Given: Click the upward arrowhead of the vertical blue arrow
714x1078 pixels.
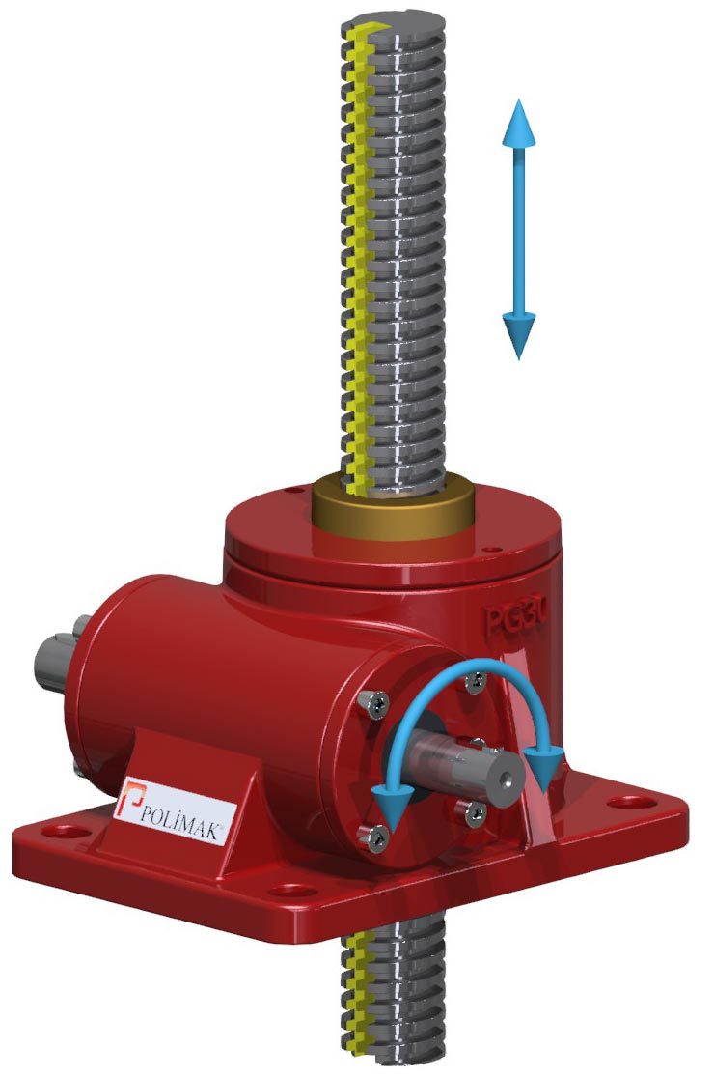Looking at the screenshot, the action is (518, 123).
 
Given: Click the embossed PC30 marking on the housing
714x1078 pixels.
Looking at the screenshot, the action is (515, 616).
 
